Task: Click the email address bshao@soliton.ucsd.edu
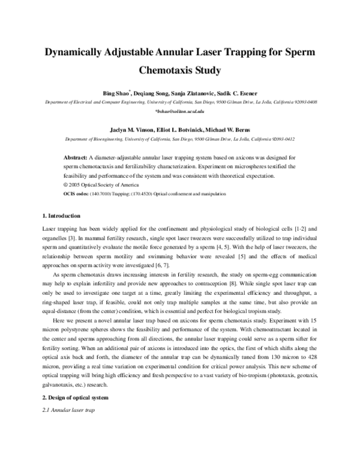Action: [179, 112]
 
